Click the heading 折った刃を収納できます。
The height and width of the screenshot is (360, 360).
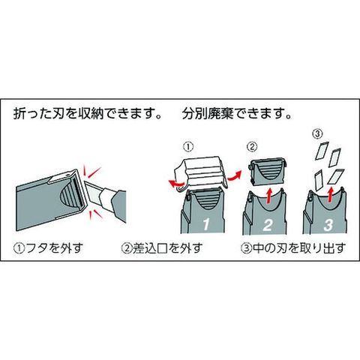click(88, 113)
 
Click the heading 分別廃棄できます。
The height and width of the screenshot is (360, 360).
click(237, 113)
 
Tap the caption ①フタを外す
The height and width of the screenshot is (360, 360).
click(48, 248)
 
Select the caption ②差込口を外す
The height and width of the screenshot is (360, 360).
click(162, 248)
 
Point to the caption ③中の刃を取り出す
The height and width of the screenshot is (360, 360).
click(293, 248)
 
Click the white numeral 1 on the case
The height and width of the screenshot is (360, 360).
click(206, 224)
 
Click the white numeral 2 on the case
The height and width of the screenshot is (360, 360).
click(268, 225)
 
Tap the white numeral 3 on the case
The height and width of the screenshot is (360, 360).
click(328, 225)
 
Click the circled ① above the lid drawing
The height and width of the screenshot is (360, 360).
click(188, 147)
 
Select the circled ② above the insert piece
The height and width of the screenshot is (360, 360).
click(252, 147)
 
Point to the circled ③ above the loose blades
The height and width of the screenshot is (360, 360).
click(317, 134)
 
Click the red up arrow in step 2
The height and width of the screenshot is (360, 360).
click(269, 196)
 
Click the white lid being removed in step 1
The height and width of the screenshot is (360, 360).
click(200, 172)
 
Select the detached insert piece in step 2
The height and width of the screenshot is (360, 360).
click(268, 172)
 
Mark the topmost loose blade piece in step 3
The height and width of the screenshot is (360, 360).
click(322, 151)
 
